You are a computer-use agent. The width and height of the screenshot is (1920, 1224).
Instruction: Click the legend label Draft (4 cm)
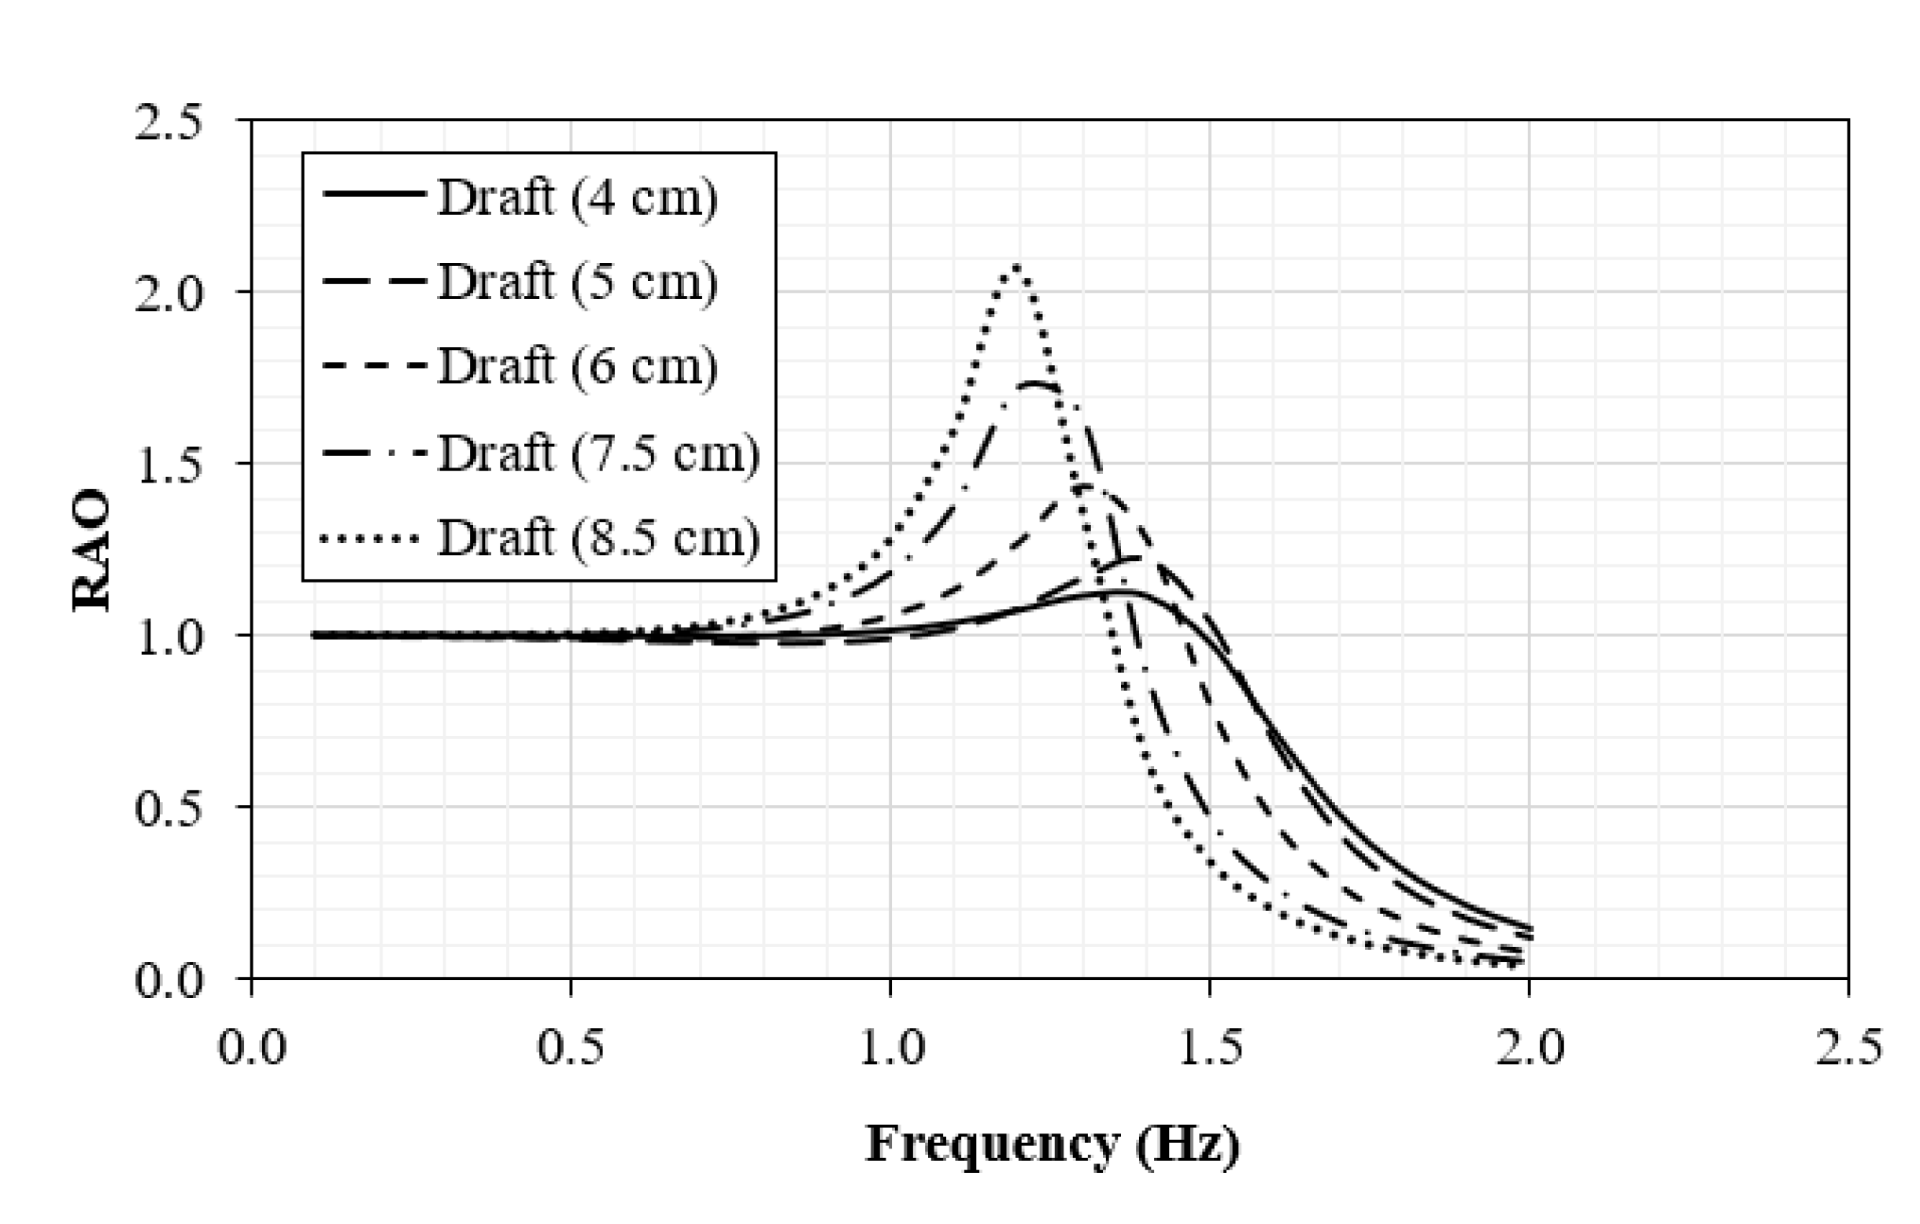tap(577, 196)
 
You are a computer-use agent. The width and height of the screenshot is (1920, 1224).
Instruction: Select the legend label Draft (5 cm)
tap(577, 282)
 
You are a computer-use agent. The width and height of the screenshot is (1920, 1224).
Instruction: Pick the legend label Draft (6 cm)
tap(577, 366)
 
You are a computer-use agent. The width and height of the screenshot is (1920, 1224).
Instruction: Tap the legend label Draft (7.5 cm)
tap(599, 453)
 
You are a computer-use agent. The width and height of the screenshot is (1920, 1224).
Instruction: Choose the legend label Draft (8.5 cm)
tap(599, 538)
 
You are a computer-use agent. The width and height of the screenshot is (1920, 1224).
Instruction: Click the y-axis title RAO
tap(91, 549)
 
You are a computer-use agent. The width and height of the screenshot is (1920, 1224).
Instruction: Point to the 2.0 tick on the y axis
tap(169, 293)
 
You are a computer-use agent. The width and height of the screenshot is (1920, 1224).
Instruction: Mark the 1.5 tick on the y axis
tap(169, 464)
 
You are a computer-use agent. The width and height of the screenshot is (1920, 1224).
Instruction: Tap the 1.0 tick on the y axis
tap(169, 636)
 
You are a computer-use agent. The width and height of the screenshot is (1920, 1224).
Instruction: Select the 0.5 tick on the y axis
tap(169, 808)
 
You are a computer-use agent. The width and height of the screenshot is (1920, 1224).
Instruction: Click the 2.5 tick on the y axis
tap(169, 123)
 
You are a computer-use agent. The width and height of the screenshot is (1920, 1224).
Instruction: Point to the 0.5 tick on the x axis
tap(571, 1046)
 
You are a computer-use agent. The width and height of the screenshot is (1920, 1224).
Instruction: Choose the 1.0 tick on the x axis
tap(890, 1046)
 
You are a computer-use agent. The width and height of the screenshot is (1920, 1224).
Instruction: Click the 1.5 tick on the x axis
tap(1210, 1046)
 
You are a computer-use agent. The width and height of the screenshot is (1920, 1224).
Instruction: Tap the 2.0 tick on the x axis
tap(1530, 1046)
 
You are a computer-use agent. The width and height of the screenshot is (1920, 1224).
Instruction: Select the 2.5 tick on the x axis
tap(1848, 1046)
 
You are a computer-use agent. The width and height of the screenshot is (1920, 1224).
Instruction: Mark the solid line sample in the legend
tap(373, 194)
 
